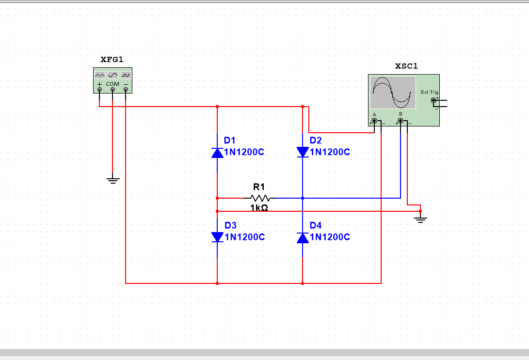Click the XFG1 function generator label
(112, 60)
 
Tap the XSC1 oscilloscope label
(406, 66)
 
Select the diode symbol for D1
(217, 153)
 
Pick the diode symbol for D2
(303, 152)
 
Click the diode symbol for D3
(217, 237)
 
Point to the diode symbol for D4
(303, 238)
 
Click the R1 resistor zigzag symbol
(260, 198)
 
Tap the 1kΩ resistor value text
(259, 208)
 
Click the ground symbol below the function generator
(112, 180)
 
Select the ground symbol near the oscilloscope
(420, 220)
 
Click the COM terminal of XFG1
(112, 89)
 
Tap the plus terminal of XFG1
(99, 89)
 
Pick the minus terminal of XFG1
(126, 89)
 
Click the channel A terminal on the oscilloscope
(374, 121)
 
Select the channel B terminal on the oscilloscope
(401, 121)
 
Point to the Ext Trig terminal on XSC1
(433, 100)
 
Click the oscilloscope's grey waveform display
(393, 93)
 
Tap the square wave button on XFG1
(126, 75)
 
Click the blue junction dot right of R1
(303, 198)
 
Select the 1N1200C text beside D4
(330, 237)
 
